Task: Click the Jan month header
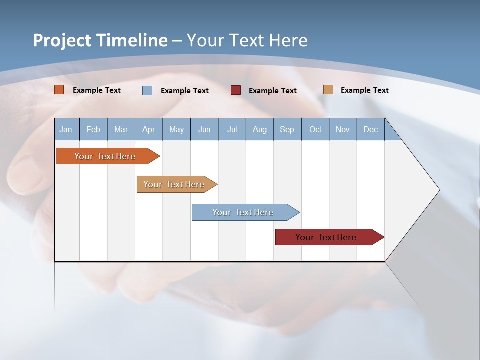click(66, 129)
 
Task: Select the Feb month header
click(93, 129)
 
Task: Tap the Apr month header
click(149, 129)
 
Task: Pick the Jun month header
click(204, 129)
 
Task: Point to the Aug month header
click(260, 129)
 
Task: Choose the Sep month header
click(287, 129)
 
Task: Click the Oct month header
click(315, 129)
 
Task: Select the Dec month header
click(371, 129)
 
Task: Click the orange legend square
click(59, 90)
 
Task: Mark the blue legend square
click(147, 90)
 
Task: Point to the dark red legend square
click(236, 90)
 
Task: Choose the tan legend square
click(328, 90)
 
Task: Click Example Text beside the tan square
click(364, 90)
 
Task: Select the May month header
click(176, 129)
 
